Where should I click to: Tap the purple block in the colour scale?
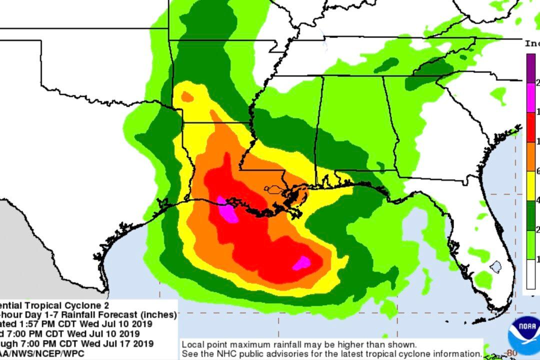click(x=531, y=67)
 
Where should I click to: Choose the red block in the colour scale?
click(x=531, y=127)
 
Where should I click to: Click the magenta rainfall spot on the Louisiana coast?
click(x=227, y=210)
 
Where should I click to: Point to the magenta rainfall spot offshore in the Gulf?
click(x=302, y=262)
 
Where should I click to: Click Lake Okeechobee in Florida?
click(x=495, y=266)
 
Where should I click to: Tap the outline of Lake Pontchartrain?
click(x=274, y=189)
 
